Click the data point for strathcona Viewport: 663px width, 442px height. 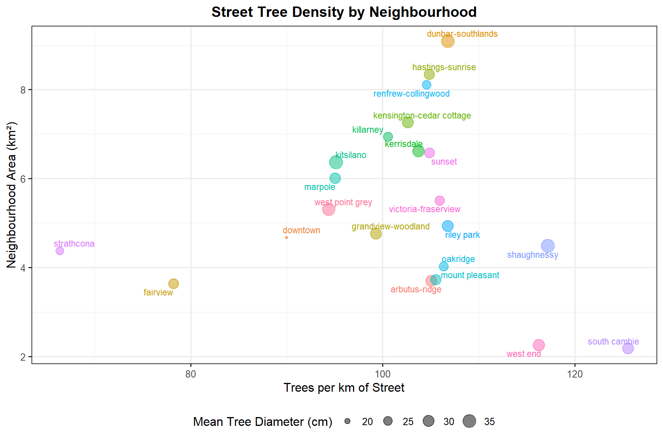tap(60, 251)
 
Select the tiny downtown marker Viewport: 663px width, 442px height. tap(287, 237)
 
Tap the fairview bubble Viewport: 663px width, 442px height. tap(174, 284)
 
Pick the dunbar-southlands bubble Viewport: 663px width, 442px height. tap(448, 41)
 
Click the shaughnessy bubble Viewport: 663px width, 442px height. tap(548, 246)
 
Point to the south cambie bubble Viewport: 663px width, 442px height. tap(628, 348)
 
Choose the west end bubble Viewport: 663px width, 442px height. tap(539, 345)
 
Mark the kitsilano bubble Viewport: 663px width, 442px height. tap(336, 162)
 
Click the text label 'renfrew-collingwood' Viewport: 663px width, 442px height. tap(411, 94)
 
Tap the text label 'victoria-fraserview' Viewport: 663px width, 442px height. tap(424, 209)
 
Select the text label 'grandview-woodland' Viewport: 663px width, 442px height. tap(391, 227)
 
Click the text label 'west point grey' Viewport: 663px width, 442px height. tap(343, 203)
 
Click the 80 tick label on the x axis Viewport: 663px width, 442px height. tap(191, 374)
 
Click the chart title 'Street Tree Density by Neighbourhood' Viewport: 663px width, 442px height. tap(344, 12)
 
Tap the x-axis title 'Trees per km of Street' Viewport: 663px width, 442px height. tap(344, 388)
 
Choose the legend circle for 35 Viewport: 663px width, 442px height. tap(469, 421)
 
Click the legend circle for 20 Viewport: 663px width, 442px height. tap(348, 421)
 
